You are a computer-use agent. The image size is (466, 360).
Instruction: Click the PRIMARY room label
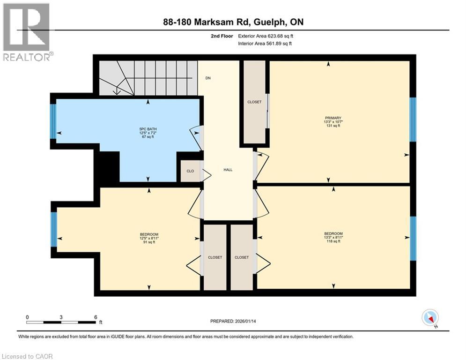pos(333,118)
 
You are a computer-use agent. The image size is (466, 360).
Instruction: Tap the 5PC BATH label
pos(148,129)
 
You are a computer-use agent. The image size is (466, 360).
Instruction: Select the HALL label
pos(228,170)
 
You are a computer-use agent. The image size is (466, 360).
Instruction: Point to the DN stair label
pos(208,78)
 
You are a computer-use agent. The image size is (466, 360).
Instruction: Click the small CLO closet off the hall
pos(190,171)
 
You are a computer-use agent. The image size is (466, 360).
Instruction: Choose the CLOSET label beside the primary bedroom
pos(254,102)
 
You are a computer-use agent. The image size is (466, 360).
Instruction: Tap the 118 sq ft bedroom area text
pos(333,241)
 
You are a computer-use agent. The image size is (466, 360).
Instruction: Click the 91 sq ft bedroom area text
pos(149,242)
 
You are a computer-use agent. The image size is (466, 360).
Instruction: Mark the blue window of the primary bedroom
pos(413,120)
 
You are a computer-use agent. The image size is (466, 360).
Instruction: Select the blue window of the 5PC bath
pos(53,121)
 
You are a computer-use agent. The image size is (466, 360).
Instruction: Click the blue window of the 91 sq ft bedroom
pos(54,229)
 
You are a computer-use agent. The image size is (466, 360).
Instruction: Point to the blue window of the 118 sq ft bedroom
pos(413,238)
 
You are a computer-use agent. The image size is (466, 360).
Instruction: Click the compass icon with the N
pos(430,318)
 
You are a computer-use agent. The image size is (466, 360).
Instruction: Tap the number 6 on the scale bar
pos(96,317)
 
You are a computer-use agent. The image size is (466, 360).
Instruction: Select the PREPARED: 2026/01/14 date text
pos(233,321)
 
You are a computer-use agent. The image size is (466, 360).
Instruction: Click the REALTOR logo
pos(27,32)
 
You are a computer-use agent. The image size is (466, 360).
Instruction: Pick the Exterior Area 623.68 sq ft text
pos(266,36)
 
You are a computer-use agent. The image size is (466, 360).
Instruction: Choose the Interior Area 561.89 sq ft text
pos(265,44)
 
